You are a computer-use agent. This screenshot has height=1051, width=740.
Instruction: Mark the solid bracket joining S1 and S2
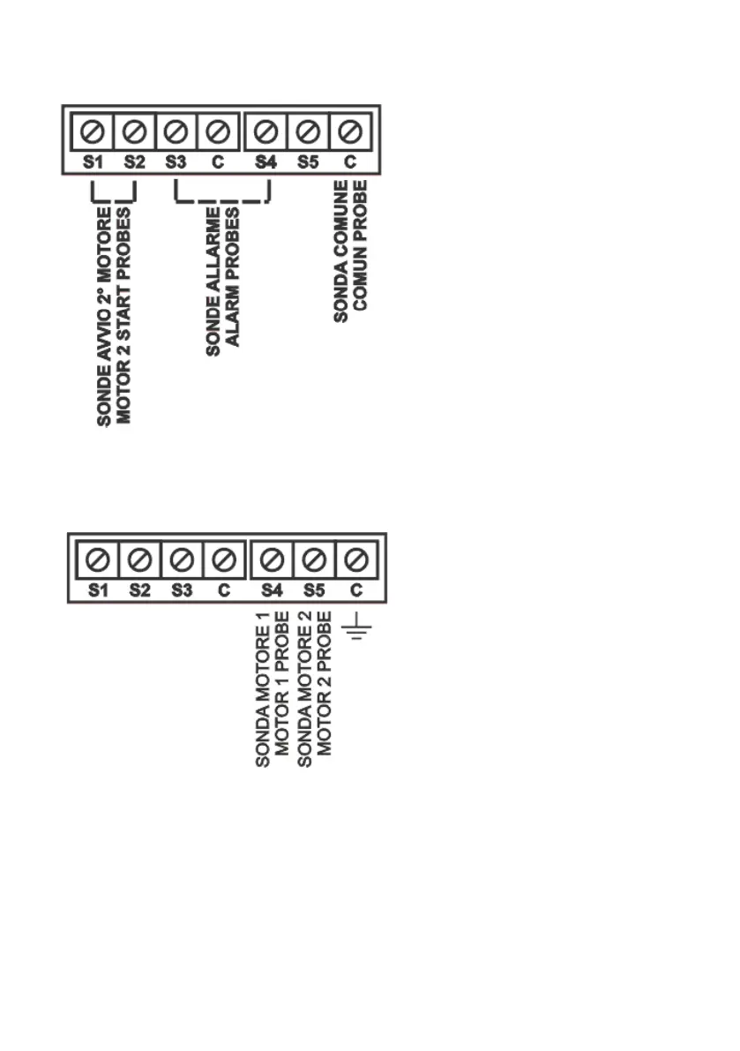click(114, 199)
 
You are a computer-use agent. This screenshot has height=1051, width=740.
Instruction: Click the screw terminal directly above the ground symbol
click(357, 559)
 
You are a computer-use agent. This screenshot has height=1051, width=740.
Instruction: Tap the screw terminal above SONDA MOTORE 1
click(273, 559)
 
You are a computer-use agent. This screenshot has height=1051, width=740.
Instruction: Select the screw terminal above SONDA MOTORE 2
click(315, 559)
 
